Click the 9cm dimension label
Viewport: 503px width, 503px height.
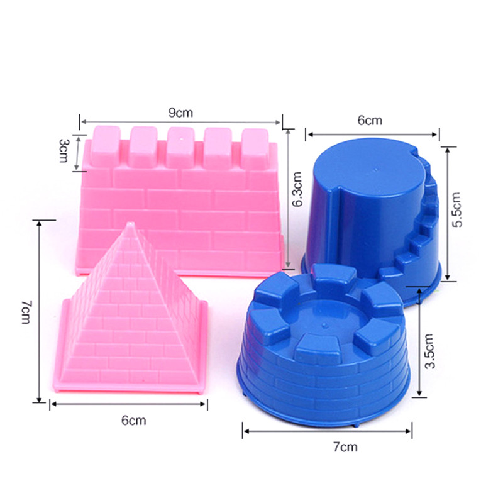point(180,113)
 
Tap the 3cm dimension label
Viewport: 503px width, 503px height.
point(64,150)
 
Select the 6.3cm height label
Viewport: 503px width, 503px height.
point(297,189)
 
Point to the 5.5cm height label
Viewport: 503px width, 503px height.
point(456,210)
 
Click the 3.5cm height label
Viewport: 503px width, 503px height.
point(429,351)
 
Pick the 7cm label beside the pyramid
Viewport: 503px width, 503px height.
point(26,312)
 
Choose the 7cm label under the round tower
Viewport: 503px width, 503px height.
point(345,446)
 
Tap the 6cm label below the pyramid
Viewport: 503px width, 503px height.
point(134,420)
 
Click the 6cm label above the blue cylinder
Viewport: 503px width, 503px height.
point(370,120)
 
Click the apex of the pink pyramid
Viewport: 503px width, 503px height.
point(130,223)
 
